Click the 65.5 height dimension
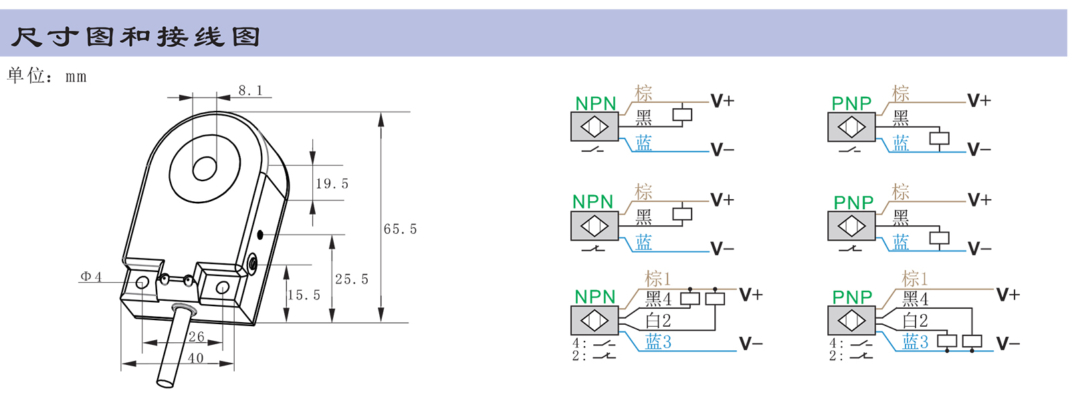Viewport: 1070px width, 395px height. click(400, 229)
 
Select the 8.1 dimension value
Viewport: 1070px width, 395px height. click(250, 91)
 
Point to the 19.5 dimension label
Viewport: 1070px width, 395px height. click(332, 184)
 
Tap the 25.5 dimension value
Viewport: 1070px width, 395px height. click(351, 279)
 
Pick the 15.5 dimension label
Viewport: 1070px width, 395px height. click(304, 295)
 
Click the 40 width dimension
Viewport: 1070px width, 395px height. click(196, 358)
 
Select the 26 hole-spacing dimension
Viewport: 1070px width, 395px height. click(196, 337)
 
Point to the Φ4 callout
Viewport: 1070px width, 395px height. click(91, 277)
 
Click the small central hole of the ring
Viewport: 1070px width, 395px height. click(204, 169)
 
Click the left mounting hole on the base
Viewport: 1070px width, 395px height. click(142, 283)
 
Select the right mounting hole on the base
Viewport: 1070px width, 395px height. click(223, 288)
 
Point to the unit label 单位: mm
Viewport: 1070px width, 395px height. click(47, 76)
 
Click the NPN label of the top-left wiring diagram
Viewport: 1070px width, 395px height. click(595, 104)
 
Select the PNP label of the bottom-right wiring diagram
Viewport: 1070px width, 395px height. click(852, 297)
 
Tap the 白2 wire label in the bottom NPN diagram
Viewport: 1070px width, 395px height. click(658, 321)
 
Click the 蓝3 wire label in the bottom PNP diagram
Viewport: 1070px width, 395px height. click(915, 342)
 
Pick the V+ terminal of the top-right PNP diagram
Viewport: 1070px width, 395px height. click(979, 101)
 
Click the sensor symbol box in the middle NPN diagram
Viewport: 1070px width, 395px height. click(594, 226)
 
